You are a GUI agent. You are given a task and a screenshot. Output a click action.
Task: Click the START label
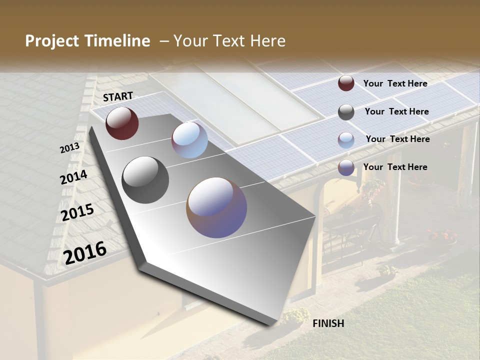[x=118, y=96]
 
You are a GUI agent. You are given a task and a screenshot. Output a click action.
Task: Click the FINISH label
[x=328, y=323]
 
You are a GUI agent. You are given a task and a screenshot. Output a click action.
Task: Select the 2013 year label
[x=69, y=148]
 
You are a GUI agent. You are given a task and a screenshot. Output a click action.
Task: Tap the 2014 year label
[x=74, y=177]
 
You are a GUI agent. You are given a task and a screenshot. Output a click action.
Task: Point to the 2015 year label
[x=77, y=212]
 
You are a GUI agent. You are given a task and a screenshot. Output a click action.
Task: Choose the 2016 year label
[x=85, y=252]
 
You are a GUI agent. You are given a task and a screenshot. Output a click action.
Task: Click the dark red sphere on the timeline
[x=122, y=123]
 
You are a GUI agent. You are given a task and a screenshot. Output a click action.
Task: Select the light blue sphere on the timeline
[x=189, y=140]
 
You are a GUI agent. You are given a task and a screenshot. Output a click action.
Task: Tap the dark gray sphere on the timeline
[x=145, y=180]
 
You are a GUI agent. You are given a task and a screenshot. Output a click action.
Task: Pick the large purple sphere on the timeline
[x=216, y=207]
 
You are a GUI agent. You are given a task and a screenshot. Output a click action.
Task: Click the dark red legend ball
[x=346, y=83]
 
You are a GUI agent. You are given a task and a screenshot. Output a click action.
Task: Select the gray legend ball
[x=346, y=111]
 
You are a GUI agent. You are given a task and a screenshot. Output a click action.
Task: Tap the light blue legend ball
[x=346, y=140]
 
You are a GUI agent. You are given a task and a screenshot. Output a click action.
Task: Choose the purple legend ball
[x=346, y=167]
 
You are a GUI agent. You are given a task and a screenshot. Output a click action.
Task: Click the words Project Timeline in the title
[x=87, y=41]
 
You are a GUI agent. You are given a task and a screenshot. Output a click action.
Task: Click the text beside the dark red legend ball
[x=395, y=83]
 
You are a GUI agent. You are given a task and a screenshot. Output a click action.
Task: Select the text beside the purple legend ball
[x=395, y=167]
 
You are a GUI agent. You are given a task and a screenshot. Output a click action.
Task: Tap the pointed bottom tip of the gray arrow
[x=274, y=324]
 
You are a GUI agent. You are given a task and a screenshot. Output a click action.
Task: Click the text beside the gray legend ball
[x=396, y=111]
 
